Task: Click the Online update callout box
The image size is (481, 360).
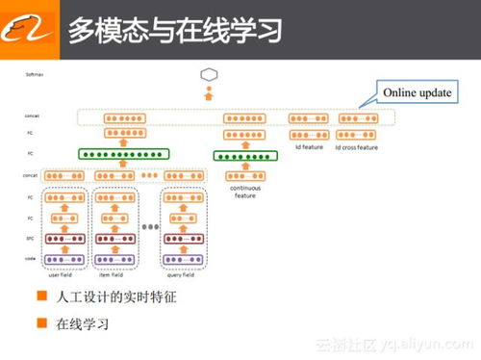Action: tap(417, 92)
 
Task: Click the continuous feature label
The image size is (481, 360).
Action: tap(245, 193)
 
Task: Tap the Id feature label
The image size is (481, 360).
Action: tap(309, 147)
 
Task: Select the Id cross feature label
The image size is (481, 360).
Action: tap(358, 147)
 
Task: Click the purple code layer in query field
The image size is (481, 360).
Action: tap(183, 259)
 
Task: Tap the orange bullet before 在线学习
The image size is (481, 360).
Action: tap(42, 322)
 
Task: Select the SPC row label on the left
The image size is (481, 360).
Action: tap(31, 238)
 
